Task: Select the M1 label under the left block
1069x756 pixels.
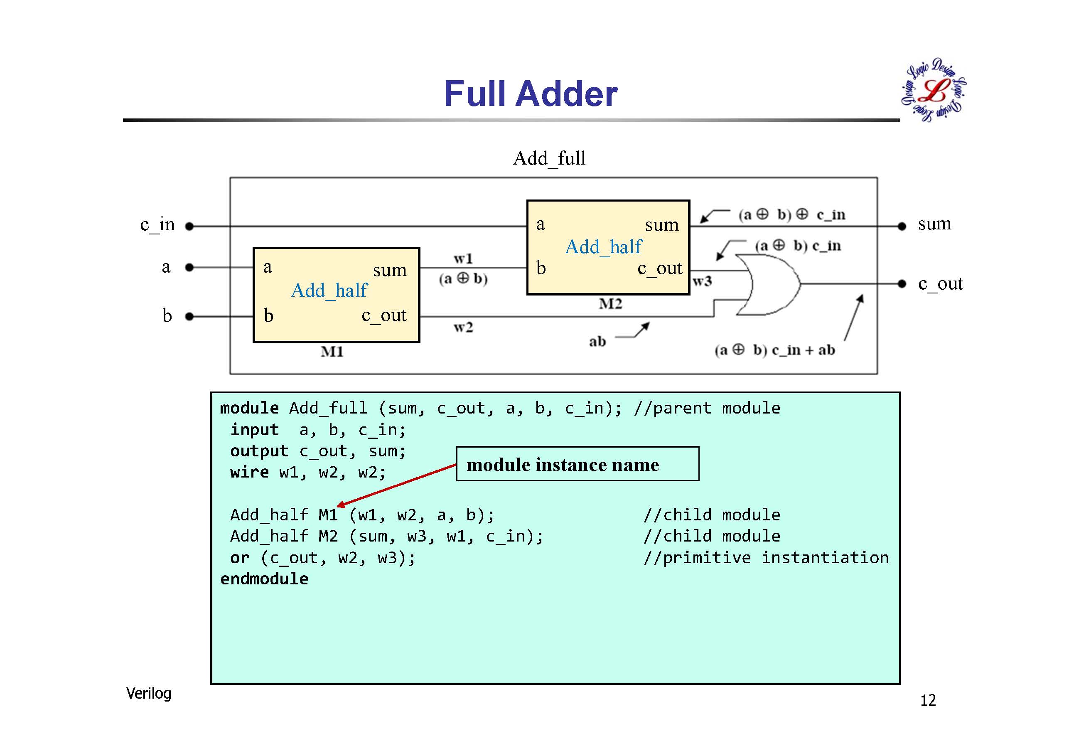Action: tap(332, 352)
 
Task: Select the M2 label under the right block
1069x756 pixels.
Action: tap(610, 304)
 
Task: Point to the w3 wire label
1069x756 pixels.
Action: tap(702, 281)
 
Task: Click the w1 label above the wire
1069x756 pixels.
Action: tap(463, 258)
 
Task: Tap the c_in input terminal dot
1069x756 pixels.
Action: tap(189, 227)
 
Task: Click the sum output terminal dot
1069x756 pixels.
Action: tap(902, 227)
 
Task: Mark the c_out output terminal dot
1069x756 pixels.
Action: tap(902, 284)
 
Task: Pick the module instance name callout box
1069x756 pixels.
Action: tap(578, 464)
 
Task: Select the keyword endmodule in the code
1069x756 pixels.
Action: tap(264, 579)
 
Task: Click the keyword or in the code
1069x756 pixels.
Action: tap(240, 558)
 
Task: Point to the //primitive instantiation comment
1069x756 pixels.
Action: tap(766, 558)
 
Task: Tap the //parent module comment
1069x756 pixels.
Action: tap(707, 408)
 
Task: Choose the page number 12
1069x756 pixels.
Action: tap(927, 700)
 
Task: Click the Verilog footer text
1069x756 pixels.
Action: tap(148, 693)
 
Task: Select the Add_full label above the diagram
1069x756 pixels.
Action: tap(549, 158)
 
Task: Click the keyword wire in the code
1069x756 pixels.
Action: tap(250, 472)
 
